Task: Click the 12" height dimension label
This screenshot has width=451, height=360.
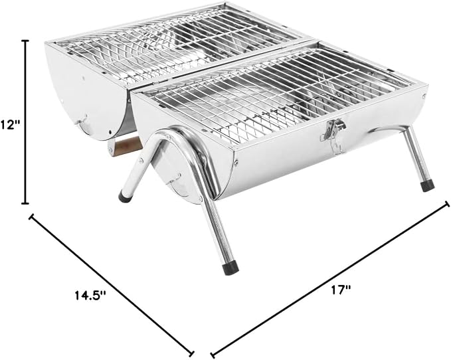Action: (x=11, y=125)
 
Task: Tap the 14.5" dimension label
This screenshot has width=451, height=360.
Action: (x=91, y=295)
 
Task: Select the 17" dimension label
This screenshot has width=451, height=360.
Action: (x=341, y=290)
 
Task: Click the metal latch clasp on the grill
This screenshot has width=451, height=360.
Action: (x=333, y=133)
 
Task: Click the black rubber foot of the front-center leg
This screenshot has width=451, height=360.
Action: (x=231, y=268)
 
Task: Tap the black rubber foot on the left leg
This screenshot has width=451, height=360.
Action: (x=125, y=197)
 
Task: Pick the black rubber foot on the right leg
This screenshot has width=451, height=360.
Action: (x=427, y=185)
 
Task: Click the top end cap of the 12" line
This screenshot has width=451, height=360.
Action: (x=26, y=41)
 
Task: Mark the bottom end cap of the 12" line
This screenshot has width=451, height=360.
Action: (x=26, y=203)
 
